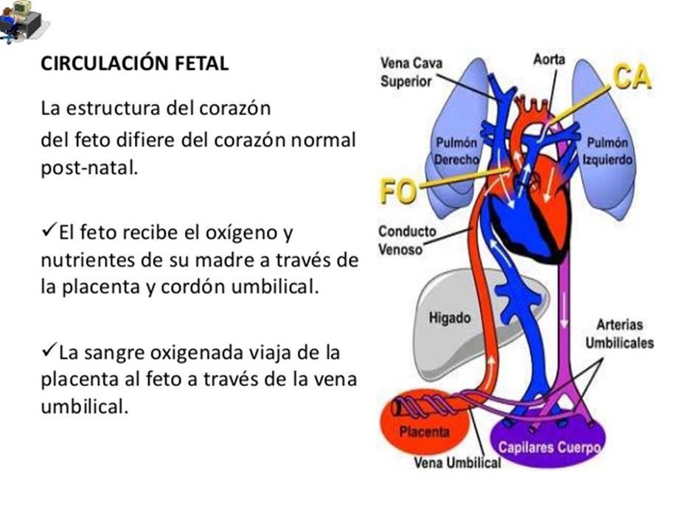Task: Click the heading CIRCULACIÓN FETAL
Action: coord(134,63)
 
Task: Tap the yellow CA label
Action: coord(631,77)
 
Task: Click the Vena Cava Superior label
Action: coord(411,72)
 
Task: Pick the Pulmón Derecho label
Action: coord(456,150)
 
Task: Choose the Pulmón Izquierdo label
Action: coord(607,150)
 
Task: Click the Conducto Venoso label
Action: coord(407,240)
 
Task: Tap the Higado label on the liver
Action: coord(449,318)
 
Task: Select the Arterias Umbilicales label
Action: coord(619,334)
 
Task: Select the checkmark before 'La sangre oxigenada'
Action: coord(49,351)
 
